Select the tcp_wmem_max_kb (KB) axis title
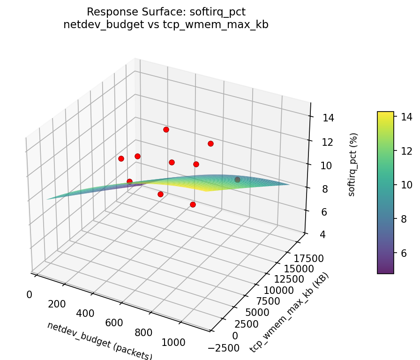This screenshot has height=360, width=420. tap(289, 313)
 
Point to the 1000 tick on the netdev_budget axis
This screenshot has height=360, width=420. tap(173, 343)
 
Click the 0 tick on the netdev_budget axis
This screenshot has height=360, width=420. tap(29, 294)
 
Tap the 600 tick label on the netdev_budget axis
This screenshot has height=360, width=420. tap(114, 323)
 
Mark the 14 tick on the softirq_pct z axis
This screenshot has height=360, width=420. tap(328, 118)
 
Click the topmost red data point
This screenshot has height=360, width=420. tap(166, 129)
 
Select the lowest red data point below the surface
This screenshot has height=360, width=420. tap(193, 204)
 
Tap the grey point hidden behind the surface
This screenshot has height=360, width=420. tap(237, 180)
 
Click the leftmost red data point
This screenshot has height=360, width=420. tap(121, 158)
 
